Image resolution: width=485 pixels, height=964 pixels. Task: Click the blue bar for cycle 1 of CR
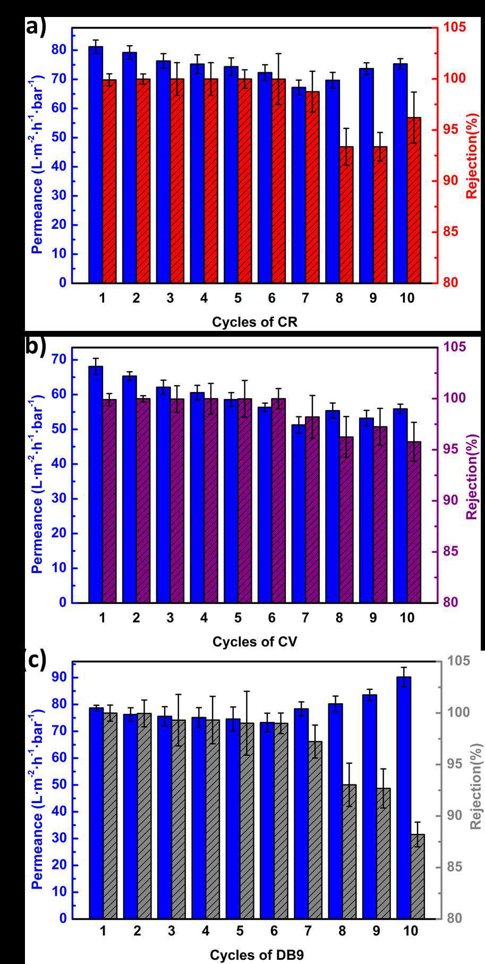(x=96, y=165)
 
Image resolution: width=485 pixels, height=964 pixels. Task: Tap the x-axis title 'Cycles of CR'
(x=254, y=322)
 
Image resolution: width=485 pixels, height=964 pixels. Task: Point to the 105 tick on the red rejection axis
(x=455, y=27)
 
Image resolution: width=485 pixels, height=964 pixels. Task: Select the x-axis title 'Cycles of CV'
(x=254, y=642)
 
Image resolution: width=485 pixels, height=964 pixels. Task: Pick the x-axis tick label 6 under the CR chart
(x=272, y=298)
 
